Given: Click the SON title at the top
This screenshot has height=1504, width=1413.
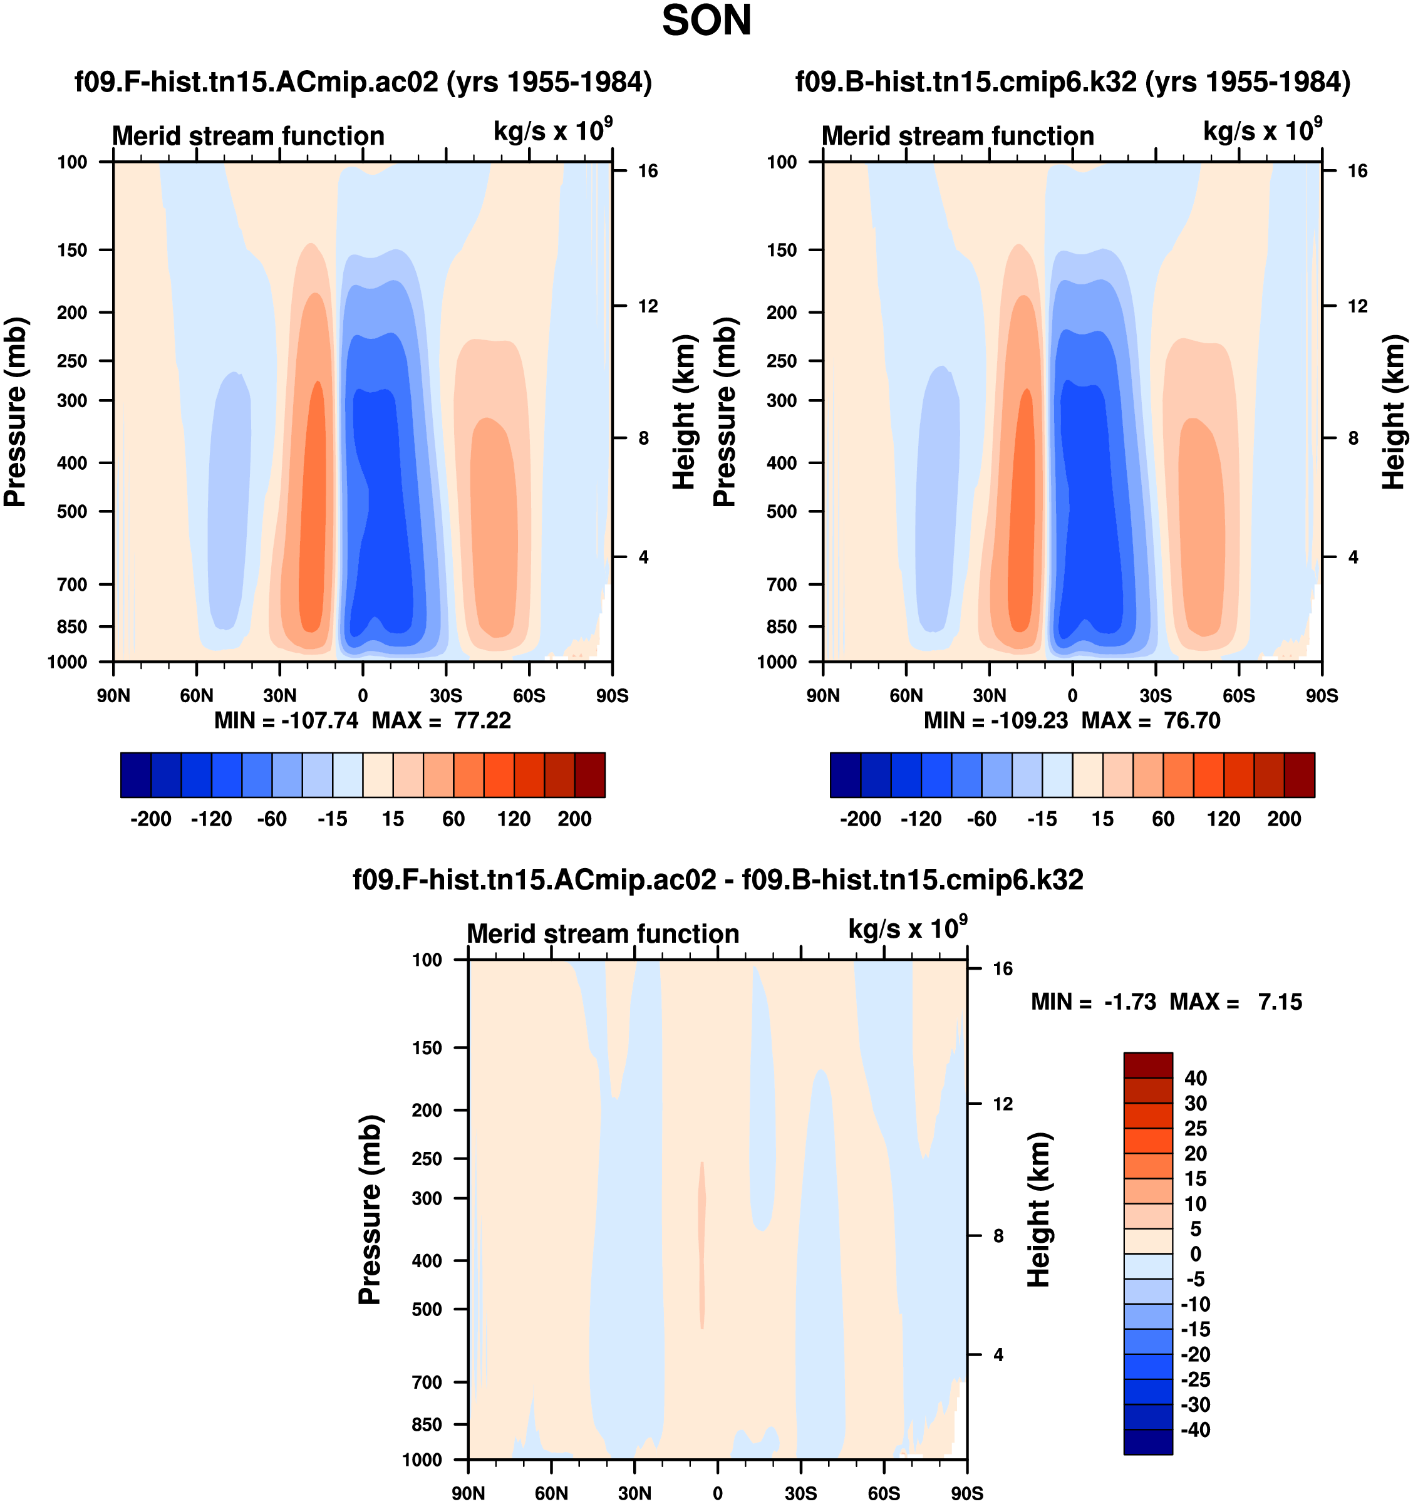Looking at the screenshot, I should click(x=706, y=21).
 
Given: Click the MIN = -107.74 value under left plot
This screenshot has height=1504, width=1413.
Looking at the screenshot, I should click(x=286, y=720).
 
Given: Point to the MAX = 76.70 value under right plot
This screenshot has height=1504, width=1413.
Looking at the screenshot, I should click(x=1151, y=720).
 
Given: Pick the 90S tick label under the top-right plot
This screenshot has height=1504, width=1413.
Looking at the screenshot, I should click(x=1322, y=695).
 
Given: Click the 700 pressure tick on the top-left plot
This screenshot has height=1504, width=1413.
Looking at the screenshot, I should click(x=73, y=584).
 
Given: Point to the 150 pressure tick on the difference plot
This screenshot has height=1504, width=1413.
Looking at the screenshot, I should click(x=427, y=1048).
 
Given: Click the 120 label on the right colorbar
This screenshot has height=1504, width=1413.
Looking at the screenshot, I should click(x=1223, y=819).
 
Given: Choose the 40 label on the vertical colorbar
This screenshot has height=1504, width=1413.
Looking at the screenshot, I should click(x=1195, y=1078).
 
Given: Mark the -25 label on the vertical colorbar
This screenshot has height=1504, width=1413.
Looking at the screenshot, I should click(x=1195, y=1379).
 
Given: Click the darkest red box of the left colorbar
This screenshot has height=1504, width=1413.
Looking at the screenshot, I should click(x=589, y=775).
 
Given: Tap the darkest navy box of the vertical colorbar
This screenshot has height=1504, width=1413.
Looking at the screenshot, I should click(x=1147, y=1442).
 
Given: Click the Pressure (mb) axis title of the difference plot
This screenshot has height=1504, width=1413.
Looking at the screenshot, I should click(x=370, y=1209).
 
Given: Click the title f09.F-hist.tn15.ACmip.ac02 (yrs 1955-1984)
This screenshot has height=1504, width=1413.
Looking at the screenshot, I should click(x=363, y=81).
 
